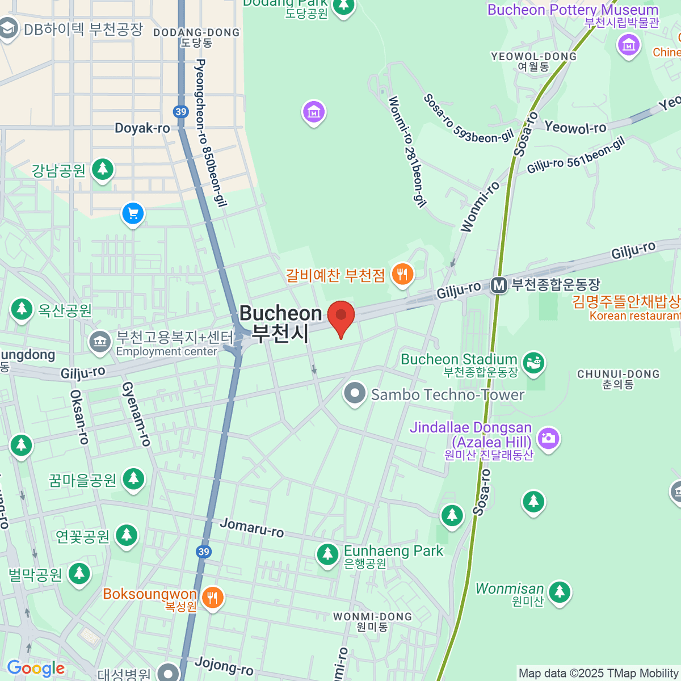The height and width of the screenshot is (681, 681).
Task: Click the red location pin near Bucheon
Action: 340,316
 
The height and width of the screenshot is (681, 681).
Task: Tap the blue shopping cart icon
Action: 133,214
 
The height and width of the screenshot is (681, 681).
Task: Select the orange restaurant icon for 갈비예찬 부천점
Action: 402,275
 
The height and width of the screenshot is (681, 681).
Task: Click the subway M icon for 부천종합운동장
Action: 499,285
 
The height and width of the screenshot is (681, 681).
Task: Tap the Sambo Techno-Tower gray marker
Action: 355,393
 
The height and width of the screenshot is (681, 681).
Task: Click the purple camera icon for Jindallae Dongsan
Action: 548,438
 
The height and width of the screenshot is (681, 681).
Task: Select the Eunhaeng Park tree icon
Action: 327,554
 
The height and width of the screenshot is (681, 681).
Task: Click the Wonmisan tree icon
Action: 559,591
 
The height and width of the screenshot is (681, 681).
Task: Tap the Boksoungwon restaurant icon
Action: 212,597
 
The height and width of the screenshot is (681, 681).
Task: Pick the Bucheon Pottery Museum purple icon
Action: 628,44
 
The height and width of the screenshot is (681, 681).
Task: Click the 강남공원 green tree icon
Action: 102,169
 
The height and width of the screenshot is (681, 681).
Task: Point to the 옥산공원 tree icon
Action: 22,309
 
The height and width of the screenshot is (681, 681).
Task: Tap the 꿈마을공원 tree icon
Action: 133,478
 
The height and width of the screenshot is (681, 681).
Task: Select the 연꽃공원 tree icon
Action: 126,535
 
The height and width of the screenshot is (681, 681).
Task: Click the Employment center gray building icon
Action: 100,342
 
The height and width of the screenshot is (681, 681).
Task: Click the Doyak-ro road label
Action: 142,128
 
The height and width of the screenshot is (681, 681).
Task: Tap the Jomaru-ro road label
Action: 251,527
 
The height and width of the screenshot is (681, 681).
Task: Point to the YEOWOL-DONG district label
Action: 533,57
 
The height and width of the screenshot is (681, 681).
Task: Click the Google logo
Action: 36,668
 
